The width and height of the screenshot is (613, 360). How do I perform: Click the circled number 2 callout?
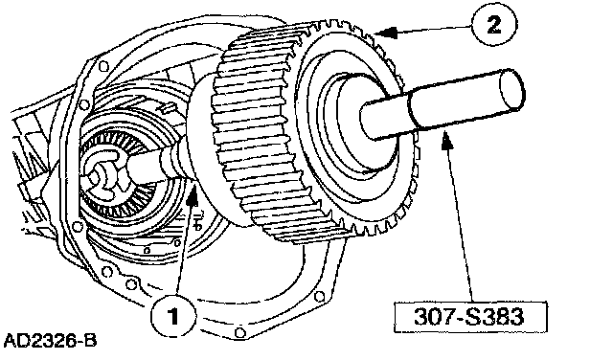(494, 26)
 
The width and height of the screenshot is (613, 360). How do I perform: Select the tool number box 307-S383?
(470, 317)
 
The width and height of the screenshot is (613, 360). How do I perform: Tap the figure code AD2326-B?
(50, 341)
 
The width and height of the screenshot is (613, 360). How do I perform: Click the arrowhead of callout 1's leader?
(192, 194)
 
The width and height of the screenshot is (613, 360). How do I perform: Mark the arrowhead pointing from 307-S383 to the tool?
(447, 140)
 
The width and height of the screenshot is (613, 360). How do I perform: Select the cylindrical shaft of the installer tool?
(442, 104)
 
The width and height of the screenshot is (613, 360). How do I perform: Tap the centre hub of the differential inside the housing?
(99, 173)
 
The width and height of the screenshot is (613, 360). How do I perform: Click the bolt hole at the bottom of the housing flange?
(239, 332)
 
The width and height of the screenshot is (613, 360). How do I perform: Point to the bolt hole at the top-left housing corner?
(102, 66)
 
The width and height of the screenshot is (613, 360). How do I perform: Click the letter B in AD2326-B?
(90, 341)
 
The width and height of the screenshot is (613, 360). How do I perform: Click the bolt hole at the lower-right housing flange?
(320, 297)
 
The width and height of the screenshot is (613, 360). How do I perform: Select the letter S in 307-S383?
(473, 317)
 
